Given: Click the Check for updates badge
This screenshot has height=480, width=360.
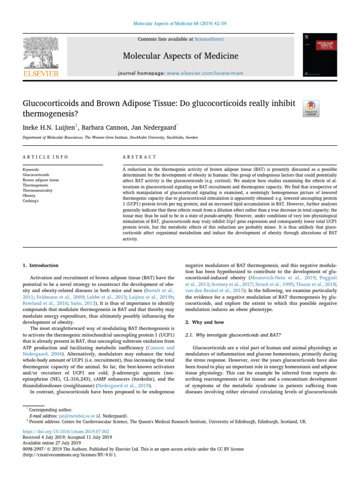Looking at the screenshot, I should click(x=312, y=109).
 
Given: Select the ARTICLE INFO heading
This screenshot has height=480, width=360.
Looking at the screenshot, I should click(x=45, y=157).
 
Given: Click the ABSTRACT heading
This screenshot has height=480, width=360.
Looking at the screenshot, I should click(x=139, y=157).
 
